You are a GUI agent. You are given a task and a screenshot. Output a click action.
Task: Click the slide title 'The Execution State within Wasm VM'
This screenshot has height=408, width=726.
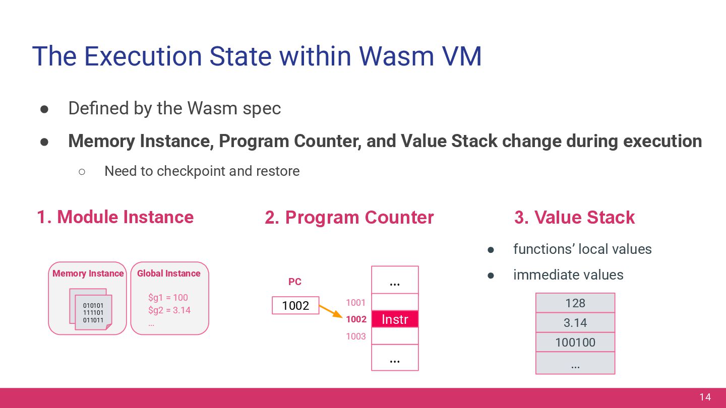(x=257, y=56)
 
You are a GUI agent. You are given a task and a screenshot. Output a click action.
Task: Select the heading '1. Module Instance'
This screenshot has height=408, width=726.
(x=115, y=217)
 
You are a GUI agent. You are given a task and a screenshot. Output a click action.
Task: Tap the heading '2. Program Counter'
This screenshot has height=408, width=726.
(x=349, y=218)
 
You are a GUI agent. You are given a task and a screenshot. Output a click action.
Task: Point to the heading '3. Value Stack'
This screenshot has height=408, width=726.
(x=574, y=218)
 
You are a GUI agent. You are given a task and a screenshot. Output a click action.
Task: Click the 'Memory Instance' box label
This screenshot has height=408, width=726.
(x=88, y=274)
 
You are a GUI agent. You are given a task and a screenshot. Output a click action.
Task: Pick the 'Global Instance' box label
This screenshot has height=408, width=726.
(x=168, y=274)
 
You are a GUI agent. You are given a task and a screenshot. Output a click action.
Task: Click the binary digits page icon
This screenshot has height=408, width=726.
(x=92, y=312)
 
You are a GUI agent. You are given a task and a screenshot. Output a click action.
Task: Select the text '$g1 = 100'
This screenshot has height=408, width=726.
(x=168, y=298)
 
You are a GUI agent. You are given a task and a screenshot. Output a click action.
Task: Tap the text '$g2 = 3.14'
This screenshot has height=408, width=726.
(x=169, y=310)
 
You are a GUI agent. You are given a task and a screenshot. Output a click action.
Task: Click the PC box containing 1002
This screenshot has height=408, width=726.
(x=295, y=305)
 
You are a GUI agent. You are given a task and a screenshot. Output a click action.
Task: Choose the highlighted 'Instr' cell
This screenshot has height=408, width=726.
(x=395, y=319)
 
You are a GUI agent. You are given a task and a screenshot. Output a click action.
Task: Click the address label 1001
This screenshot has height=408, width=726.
(x=355, y=303)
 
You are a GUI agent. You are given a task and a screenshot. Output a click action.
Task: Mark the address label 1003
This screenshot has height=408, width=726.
(x=355, y=336)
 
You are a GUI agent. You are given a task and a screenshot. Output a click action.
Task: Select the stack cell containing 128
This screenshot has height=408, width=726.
(x=575, y=303)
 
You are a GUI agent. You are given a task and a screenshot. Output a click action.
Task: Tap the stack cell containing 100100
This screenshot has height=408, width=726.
(x=575, y=343)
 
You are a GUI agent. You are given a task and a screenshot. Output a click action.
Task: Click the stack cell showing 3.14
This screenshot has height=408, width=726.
(x=575, y=323)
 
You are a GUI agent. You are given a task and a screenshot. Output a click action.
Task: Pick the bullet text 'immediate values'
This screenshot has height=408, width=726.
(x=568, y=275)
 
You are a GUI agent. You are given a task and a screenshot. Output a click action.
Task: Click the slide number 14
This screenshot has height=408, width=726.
(x=705, y=397)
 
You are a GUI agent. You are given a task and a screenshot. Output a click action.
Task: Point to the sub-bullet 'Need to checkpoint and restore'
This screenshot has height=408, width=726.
(x=202, y=171)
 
